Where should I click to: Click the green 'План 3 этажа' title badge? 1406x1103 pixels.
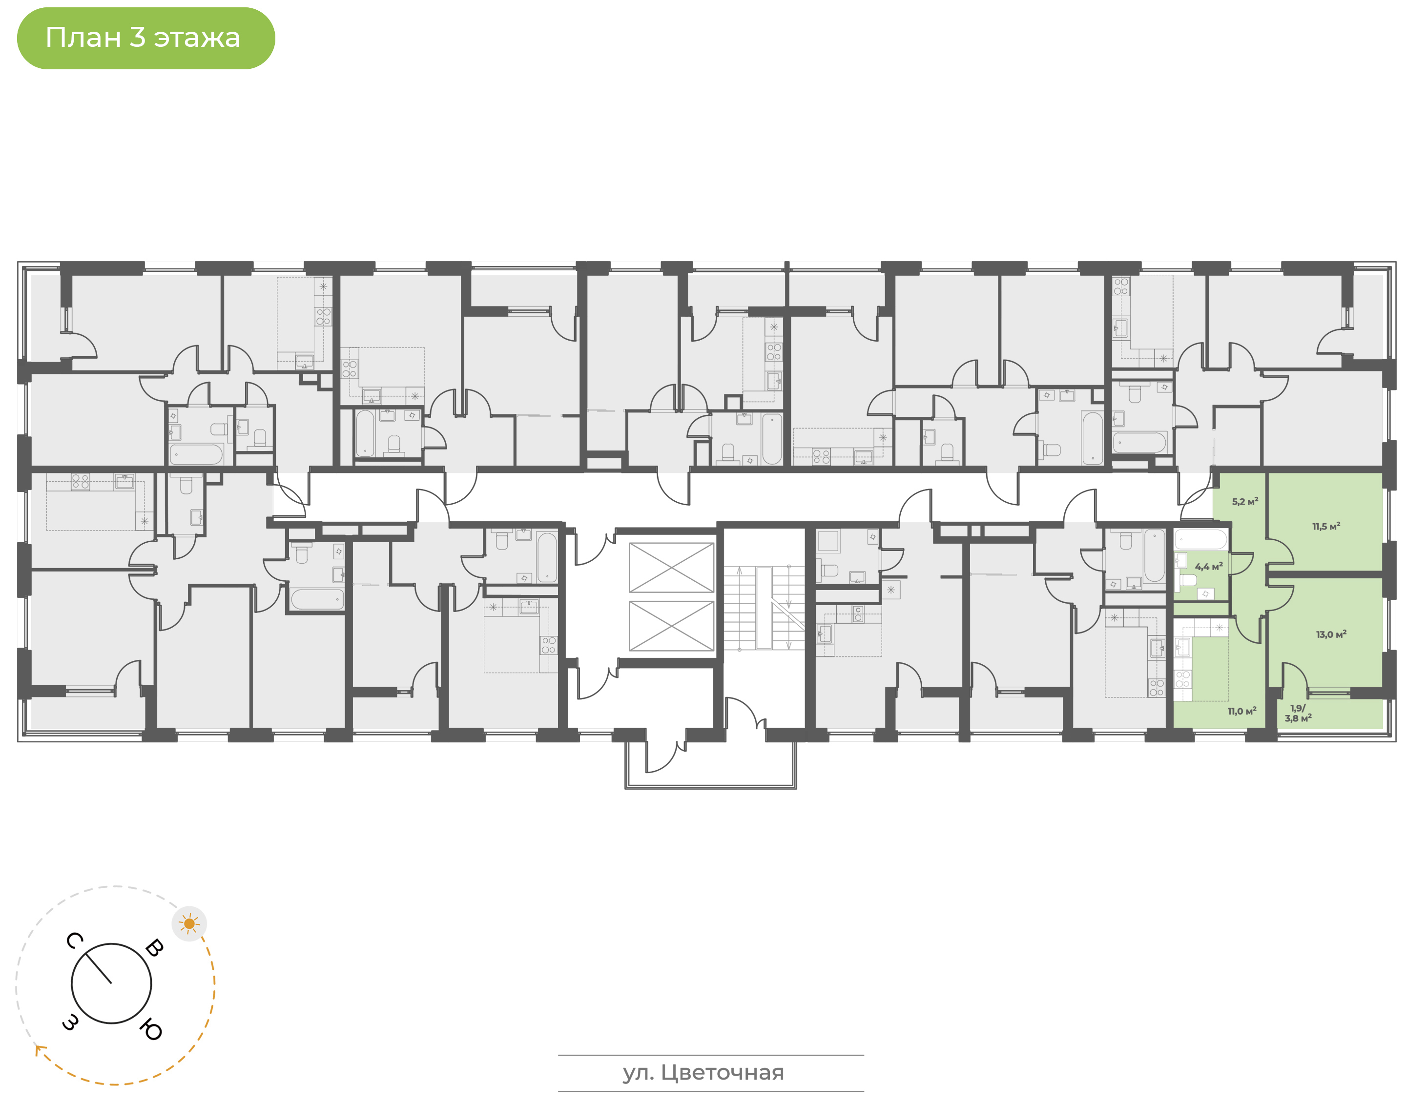[145, 38]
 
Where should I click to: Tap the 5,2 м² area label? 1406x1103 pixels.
[1244, 501]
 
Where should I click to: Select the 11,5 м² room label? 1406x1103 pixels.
[1326, 526]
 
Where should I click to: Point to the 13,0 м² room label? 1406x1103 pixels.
[1331, 634]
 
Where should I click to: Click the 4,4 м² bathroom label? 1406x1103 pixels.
[1208, 566]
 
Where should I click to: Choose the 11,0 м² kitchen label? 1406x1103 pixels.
[1242, 711]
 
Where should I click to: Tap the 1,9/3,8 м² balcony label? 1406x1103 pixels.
[1298, 713]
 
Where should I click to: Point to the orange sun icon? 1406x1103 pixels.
[189, 923]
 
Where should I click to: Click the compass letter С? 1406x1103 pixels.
[74, 941]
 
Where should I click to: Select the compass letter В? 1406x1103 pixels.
[154, 948]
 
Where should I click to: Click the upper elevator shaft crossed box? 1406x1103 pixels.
[671, 567]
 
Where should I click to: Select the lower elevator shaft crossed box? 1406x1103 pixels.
[671, 626]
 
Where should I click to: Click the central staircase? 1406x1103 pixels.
[764, 608]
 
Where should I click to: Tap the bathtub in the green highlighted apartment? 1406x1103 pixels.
[1200, 539]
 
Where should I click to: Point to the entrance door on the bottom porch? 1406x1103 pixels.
[665, 756]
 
